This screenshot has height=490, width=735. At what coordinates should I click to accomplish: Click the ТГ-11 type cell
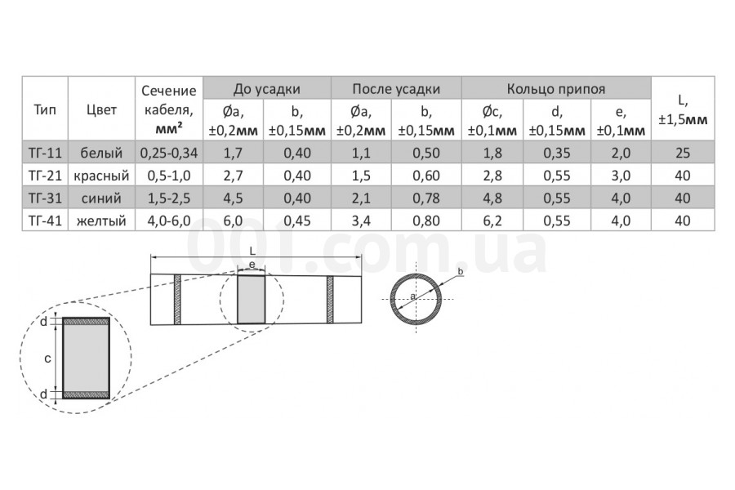(45, 153)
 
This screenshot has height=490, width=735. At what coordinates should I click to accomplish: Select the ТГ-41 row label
(45, 220)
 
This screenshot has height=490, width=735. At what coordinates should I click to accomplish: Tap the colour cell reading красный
(101, 176)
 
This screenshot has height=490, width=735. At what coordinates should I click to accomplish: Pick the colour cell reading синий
(101, 198)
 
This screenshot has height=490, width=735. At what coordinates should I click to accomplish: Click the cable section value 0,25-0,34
(169, 153)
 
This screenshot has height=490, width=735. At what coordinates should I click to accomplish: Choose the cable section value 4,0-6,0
(169, 220)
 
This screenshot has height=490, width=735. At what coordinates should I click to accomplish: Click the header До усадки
(267, 89)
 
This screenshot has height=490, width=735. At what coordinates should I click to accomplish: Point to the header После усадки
(396, 89)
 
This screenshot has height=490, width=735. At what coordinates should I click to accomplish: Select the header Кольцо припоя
(556, 89)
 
